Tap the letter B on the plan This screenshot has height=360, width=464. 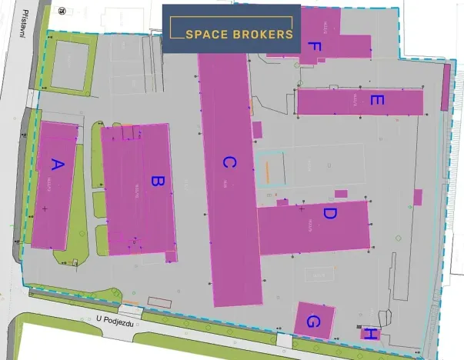pos(156,182)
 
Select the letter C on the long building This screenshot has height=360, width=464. pos(228,162)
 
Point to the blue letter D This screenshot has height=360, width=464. pos(329,213)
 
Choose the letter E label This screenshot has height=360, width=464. pos(376,100)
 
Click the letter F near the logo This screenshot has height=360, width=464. pos(313,48)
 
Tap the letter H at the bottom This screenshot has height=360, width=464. pos(371,333)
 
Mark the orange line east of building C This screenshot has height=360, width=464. pos(266,172)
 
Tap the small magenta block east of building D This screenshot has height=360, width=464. pos(417,197)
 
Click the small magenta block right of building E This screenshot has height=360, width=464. pos(446,86)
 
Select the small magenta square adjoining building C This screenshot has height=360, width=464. pos(257,129)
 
